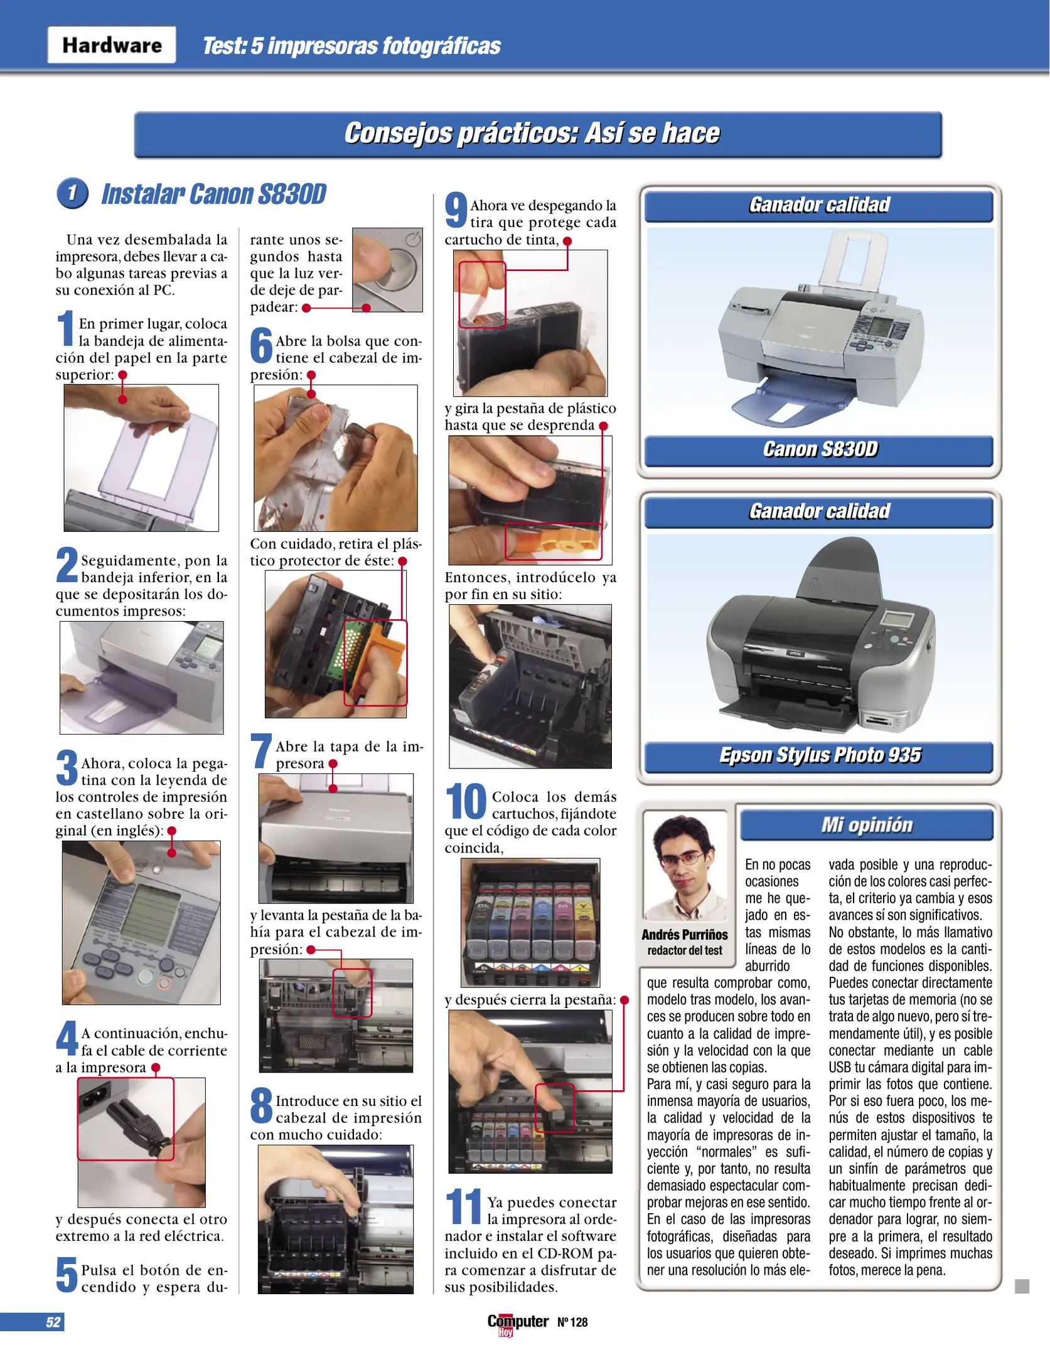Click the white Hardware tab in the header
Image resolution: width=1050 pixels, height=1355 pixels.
[x=112, y=45]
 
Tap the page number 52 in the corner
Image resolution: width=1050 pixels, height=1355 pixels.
[x=53, y=1322]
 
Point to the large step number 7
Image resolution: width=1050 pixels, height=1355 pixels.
[x=261, y=751]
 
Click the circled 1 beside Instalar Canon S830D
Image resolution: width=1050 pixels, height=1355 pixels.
[x=72, y=193]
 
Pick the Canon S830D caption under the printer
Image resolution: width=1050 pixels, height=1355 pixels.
[x=819, y=450]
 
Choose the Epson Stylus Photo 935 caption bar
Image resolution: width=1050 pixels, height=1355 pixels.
[x=819, y=755]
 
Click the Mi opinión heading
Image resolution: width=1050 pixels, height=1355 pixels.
[x=866, y=825]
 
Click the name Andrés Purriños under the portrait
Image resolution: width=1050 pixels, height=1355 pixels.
[x=684, y=935]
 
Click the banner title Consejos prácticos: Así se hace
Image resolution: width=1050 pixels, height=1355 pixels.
[x=532, y=134]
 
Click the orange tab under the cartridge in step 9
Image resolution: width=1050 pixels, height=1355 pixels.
[x=552, y=543]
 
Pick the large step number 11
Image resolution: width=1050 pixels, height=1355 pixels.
[x=463, y=1208]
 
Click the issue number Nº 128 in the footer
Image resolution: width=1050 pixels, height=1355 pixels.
[x=572, y=1322]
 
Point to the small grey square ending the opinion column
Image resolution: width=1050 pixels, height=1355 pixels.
[x=1022, y=1286]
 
